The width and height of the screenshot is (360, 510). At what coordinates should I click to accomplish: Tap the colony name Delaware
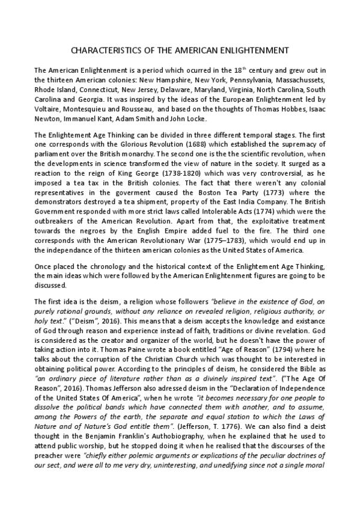(x=185, y=89)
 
